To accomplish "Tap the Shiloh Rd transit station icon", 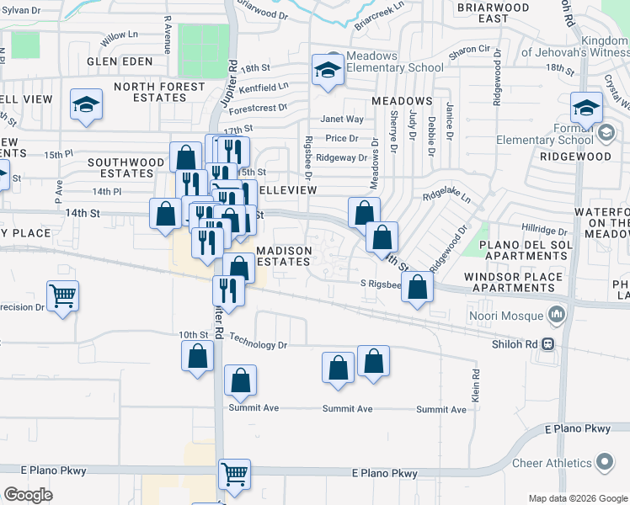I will click(548, 343).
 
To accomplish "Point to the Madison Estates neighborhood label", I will click(285, 256).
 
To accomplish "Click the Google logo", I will click(29, 495).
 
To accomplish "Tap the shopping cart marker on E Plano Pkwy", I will click(234, 473).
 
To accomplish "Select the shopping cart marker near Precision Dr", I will click(63, 296).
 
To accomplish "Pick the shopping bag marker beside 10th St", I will click(197, 354).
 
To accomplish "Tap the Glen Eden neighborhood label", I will click(120, 61).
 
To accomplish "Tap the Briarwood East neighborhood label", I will click(494, 13).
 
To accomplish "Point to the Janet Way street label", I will click(342, 120).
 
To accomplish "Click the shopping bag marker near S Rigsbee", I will click(418, 286).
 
